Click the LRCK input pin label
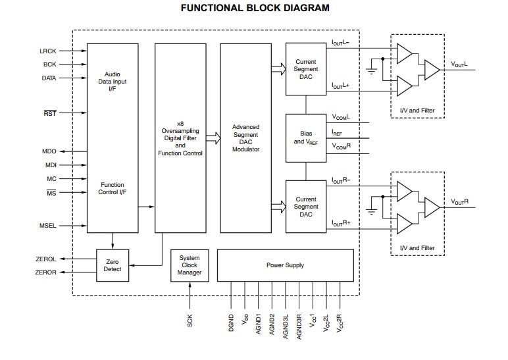48,51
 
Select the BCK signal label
50,64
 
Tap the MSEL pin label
48,226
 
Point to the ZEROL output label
45,259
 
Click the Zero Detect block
113,265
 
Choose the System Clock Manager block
190,265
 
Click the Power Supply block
285,265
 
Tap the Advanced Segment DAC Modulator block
246,138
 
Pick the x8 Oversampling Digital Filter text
180,138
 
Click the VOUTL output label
460,64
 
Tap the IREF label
337,132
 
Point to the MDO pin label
49,151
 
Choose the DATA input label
49,78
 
